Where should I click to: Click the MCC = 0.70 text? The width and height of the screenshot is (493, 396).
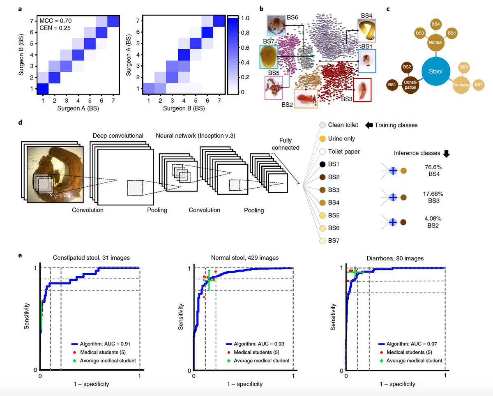tap(55, 20)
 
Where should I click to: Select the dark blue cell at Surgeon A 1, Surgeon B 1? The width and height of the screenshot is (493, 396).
tap(43, 89)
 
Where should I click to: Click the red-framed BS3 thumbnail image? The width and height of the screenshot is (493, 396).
tap(362, 90)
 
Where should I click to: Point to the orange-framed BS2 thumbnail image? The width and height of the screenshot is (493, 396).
tap(306, 99)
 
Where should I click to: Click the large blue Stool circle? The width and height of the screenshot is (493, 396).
tap(435, 71)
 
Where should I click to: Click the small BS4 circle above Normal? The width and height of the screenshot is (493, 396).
tap(436, 25)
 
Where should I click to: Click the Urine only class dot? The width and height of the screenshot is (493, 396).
tap(323, 139)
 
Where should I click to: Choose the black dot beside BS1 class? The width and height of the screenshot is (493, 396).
tap(323, 164)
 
